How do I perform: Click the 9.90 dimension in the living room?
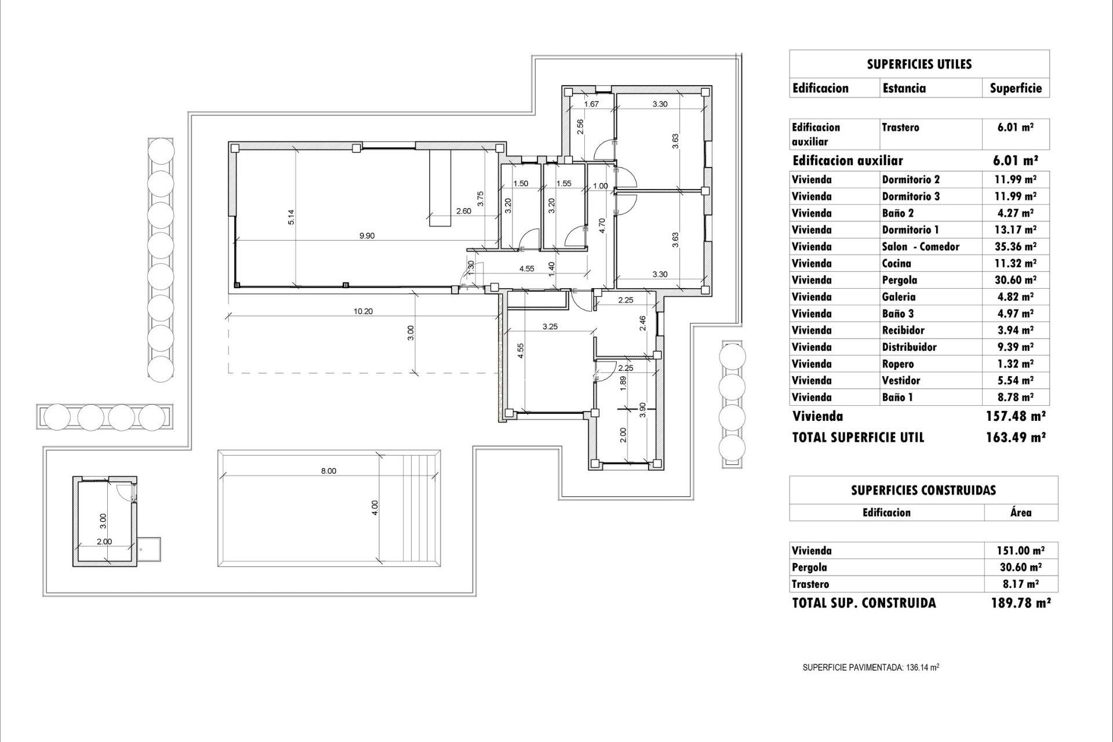coord(367,236)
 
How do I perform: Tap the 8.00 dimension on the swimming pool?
coord(329,471)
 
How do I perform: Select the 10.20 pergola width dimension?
coord(363,311)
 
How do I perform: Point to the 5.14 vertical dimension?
coord(292,216)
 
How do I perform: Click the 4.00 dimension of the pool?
coord(375,508)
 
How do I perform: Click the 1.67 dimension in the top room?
coord(591,104)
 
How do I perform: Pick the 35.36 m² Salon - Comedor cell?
coord(1016,246)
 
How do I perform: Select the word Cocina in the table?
coord(896,263)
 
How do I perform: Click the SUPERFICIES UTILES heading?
coord(919,64)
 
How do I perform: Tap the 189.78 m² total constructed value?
coord(1021,603)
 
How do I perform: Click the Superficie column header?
coord(1016,88)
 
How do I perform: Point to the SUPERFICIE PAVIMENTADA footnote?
coord(871,668)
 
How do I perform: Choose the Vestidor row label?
coord(901,380)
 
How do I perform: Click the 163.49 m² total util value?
coord(1016,437)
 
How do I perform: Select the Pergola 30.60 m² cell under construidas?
coord(1021,568)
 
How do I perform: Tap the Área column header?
coord(1021,512)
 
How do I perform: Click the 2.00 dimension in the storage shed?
coord(104,541)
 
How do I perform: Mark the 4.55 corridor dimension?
coord(526,268)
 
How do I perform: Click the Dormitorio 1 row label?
coord(911,230)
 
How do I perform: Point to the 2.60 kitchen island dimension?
coord(463,211)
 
